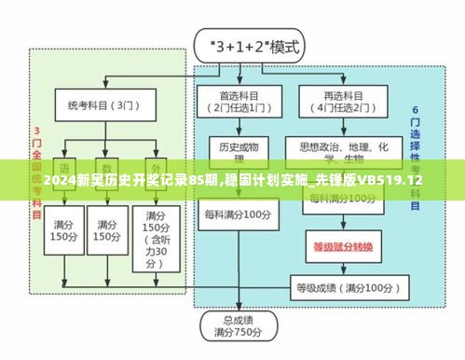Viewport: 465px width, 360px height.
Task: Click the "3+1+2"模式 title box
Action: tap(242, 45)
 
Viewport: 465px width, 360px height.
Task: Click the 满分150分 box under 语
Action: tap(64, 231)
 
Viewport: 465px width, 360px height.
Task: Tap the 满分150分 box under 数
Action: tap(107, 231)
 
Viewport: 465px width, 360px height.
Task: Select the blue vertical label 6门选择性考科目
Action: tap(416, 159)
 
